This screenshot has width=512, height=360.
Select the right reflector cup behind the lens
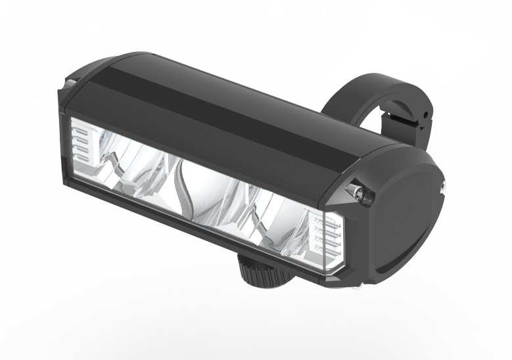[x=269, y=217]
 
